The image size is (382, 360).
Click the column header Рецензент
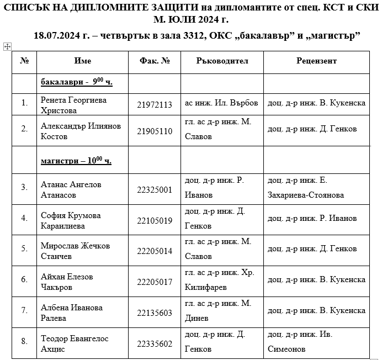[316, 61]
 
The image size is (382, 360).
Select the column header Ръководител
[222, 61]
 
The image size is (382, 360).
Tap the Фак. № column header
[155, 61]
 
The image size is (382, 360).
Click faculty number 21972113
[155, 105]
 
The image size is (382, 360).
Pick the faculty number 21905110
[155, 131]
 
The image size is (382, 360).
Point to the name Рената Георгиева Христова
[73, 105]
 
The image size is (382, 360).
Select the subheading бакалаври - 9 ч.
[76, 82]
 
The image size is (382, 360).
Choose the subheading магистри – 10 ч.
[76, 161]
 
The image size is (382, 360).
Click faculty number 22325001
[155, 189]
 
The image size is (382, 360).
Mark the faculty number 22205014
[155, 251]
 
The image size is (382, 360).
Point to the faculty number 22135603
[155, 313]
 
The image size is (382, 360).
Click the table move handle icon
[7, 47]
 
